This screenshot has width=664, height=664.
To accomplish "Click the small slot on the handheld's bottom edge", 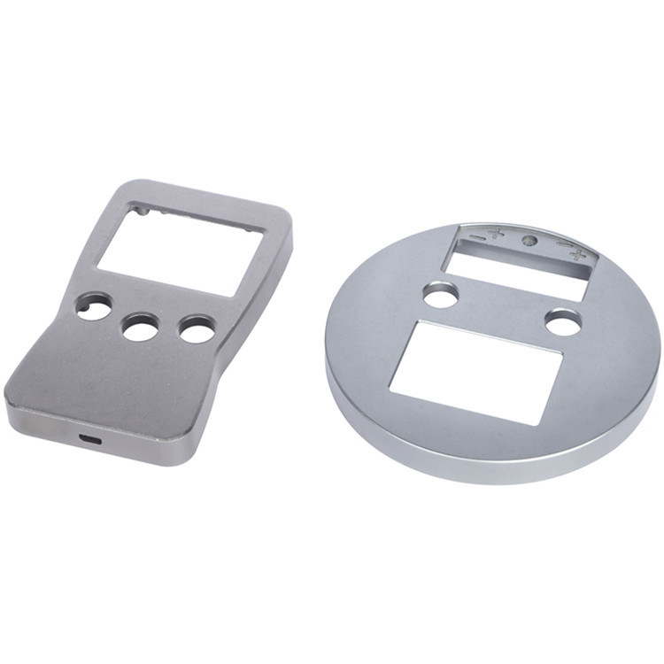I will tap(89, 439).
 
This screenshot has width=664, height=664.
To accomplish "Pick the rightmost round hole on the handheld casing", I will tap(197, 330).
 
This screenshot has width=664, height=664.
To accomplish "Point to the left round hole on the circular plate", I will tap(440, 295).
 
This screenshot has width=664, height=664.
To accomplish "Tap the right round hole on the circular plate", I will tap(563, 323).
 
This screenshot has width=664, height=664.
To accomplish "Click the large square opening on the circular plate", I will tap(476, 372).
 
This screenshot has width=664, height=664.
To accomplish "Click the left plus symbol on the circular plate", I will tap(495, 235).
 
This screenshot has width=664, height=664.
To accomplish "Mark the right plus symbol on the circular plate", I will tap(578, 256).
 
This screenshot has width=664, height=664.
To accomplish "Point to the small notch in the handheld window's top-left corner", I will tap(135, 212).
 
